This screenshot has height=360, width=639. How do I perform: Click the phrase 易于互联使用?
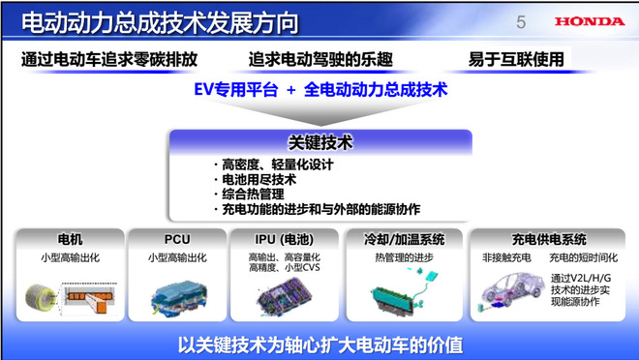tap(515, 59)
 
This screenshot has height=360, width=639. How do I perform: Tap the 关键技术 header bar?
tap(320, 142)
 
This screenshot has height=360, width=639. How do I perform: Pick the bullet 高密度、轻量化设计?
tap(272, 165)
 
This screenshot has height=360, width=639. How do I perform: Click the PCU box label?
tap(176, 238)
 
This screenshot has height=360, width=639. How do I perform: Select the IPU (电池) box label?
tap(288, 238)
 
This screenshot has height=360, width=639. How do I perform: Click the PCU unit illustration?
tap(176, 294)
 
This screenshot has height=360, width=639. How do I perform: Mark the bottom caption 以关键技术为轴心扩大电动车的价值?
tap(319, 343)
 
